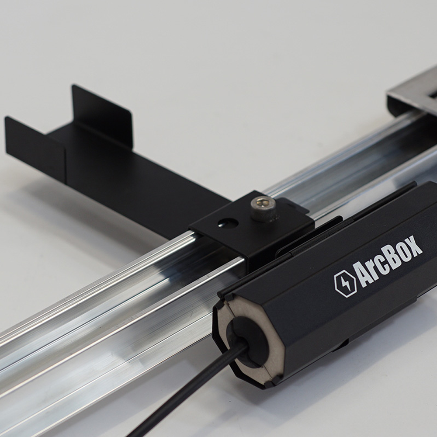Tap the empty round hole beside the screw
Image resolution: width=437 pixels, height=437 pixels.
click(228, 223)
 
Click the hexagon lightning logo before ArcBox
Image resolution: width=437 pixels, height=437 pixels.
click(345, 284)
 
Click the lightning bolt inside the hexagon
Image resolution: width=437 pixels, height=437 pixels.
click(345, 284)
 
